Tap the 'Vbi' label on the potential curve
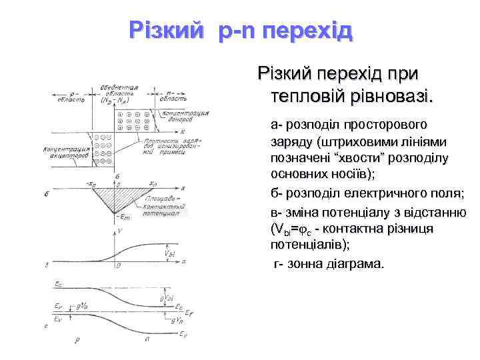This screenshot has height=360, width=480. (x=168, y=253)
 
